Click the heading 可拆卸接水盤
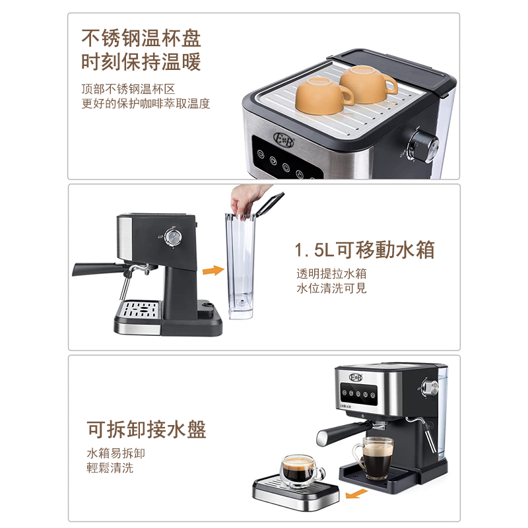click(147, 430)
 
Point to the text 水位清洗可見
click(331, 288)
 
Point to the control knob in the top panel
click(422, 143)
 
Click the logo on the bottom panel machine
click(356, 377)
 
